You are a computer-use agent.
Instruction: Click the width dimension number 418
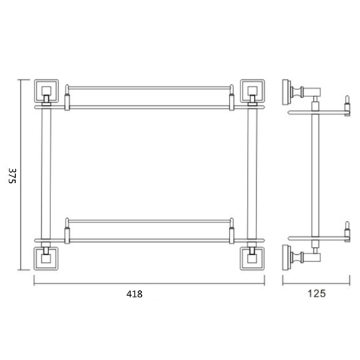[x=135, y=294]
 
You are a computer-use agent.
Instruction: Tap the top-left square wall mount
[x=46, y=90]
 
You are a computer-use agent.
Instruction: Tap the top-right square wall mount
[x=252, y=90]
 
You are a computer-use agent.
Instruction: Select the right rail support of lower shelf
[x=232, y=228]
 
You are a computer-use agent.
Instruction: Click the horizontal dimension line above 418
[x=149, y=281]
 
